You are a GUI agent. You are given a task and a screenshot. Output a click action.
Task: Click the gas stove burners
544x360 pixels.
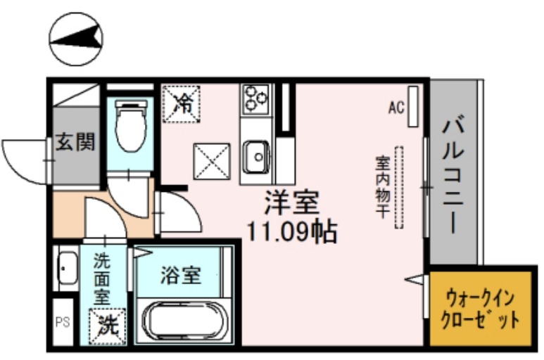click(x=255, y=99)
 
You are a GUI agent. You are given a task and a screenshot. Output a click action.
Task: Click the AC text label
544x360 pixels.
click(x=396, y=108)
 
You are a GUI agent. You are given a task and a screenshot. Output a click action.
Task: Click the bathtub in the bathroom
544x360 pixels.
click(x=182, y=322)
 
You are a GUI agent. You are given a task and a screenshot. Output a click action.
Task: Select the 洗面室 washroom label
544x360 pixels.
click(x=103, y=278)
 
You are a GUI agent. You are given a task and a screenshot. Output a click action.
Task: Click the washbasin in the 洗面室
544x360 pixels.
click(x=66, y=268)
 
